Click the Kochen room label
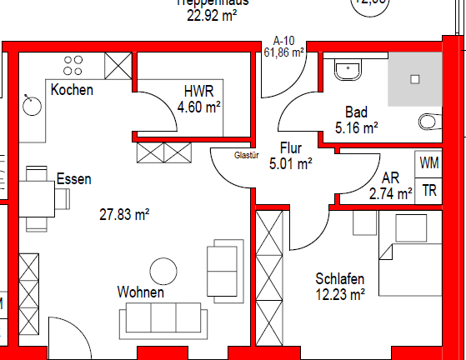[x=72, y=90]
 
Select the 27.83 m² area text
[x=124, y=214]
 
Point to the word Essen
[x=73, y=179]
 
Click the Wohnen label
[x=140, y=292]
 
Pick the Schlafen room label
[x=340, y=278]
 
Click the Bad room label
[x=357, y=112]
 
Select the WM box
[x=428, y=162]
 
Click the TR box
[x=428, y=190]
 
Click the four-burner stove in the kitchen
[x=74, y=64]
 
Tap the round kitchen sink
[x=33, y=104]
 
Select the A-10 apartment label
[x=283, y=40]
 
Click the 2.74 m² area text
[x=391, y=193]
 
